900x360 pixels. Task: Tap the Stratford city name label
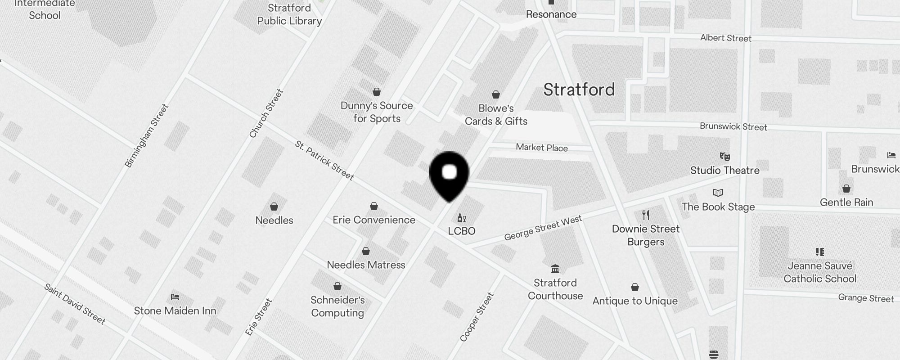tap(579, 90)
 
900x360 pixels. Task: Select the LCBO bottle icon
tap(461, 218)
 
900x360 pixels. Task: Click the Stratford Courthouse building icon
tap(555, 269)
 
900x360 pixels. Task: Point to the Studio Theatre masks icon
tap(724, 157)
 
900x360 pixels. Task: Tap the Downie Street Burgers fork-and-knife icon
tap(646, 215)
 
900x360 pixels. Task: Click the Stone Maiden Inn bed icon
tap(175, 297)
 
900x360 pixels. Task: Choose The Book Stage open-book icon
tap(718, 193)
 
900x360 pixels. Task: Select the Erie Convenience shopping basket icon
tap(374, 207)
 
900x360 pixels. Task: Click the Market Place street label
tap(542, 148)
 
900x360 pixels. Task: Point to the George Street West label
tap(543, 228)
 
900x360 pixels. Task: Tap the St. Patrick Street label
tap(324, 160)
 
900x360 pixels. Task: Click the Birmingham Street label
tap(147, 135)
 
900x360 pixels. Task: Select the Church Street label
tap(266, 113)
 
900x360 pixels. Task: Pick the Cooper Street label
tap(477, 317)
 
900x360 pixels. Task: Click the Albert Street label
tap(725, 38)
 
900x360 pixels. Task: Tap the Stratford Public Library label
tap(289, 14)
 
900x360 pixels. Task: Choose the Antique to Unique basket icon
tap(635, 287)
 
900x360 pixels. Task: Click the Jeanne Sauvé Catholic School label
tap(819, 272)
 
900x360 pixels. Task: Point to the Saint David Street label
tap(75, 304)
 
